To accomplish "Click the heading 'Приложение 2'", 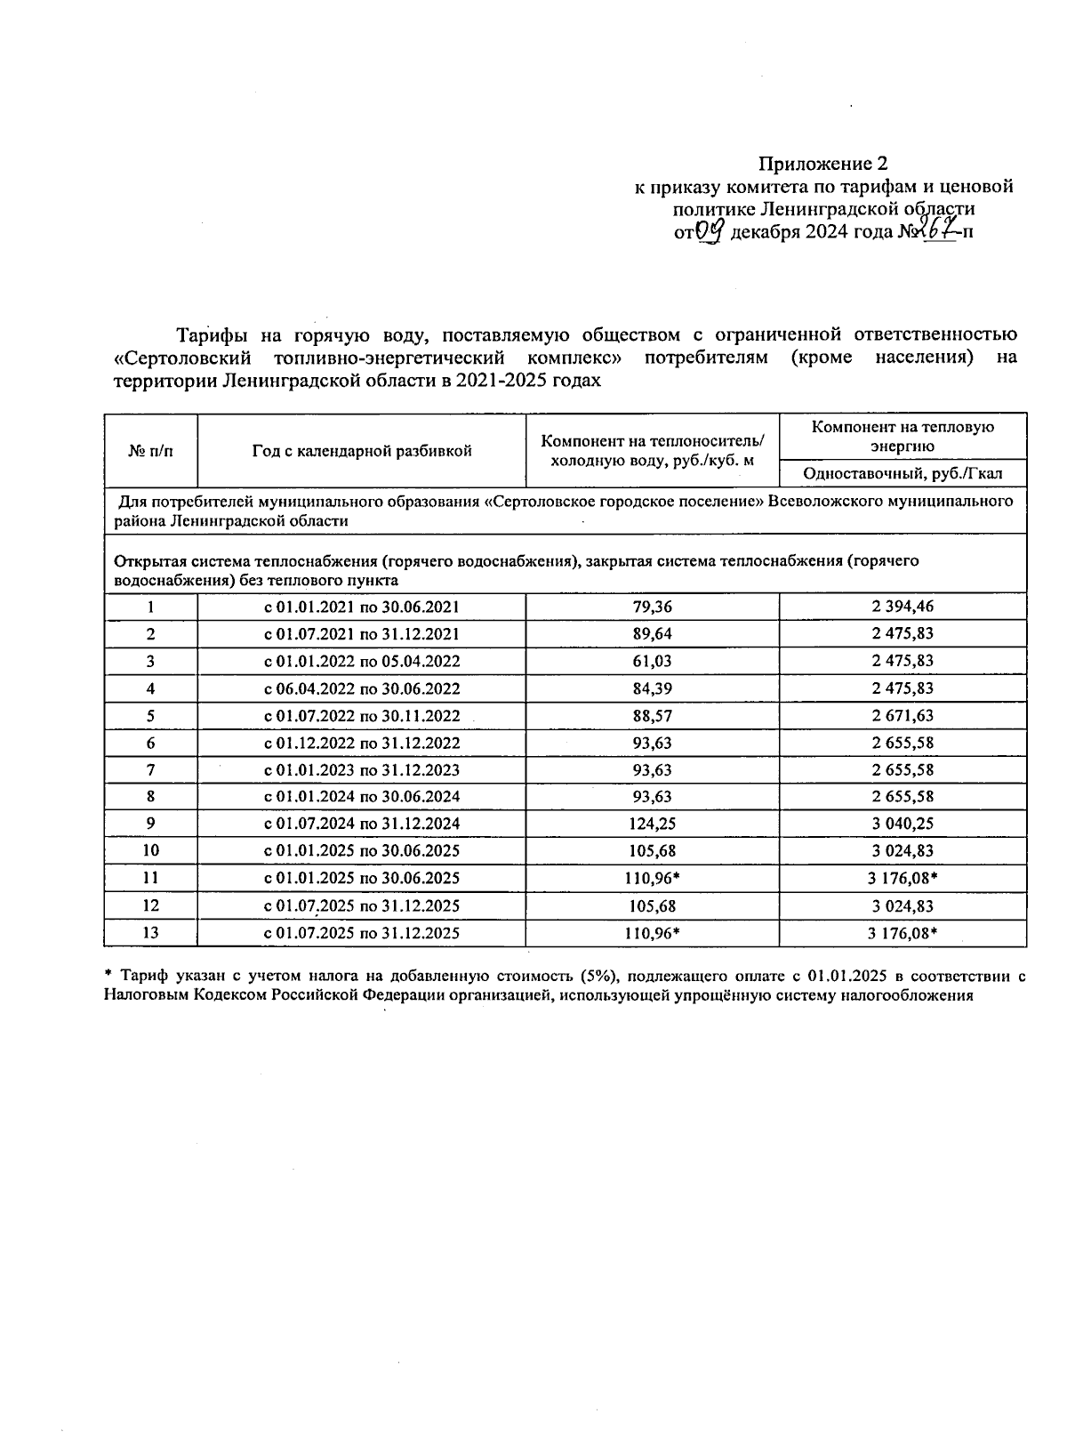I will [x=822, y=164].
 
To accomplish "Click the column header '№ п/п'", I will [x=150, y=451].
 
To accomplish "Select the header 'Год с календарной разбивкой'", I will [x=361, y=451].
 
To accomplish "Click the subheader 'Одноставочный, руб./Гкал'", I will [x=902, y=473].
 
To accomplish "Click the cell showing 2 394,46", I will [x=902, y=607].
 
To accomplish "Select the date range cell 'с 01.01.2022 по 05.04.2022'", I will [x=361, y=662].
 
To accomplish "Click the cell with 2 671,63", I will [x=902, y=716].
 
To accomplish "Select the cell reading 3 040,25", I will [x=902, y=824].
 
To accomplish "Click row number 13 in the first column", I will [x=150, y=933].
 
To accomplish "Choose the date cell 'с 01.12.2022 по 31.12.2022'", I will [x=361, y=743].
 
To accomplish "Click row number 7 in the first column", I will [x=150, y=769].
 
